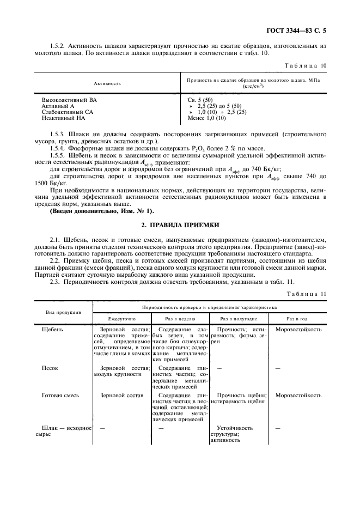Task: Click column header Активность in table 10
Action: point(107,83)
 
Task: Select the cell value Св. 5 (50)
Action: point(201,101)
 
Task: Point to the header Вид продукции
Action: point(64,312)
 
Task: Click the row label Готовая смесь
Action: point(60,395)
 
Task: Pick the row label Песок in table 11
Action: point(50,368)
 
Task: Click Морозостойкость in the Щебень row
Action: point(298,330)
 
